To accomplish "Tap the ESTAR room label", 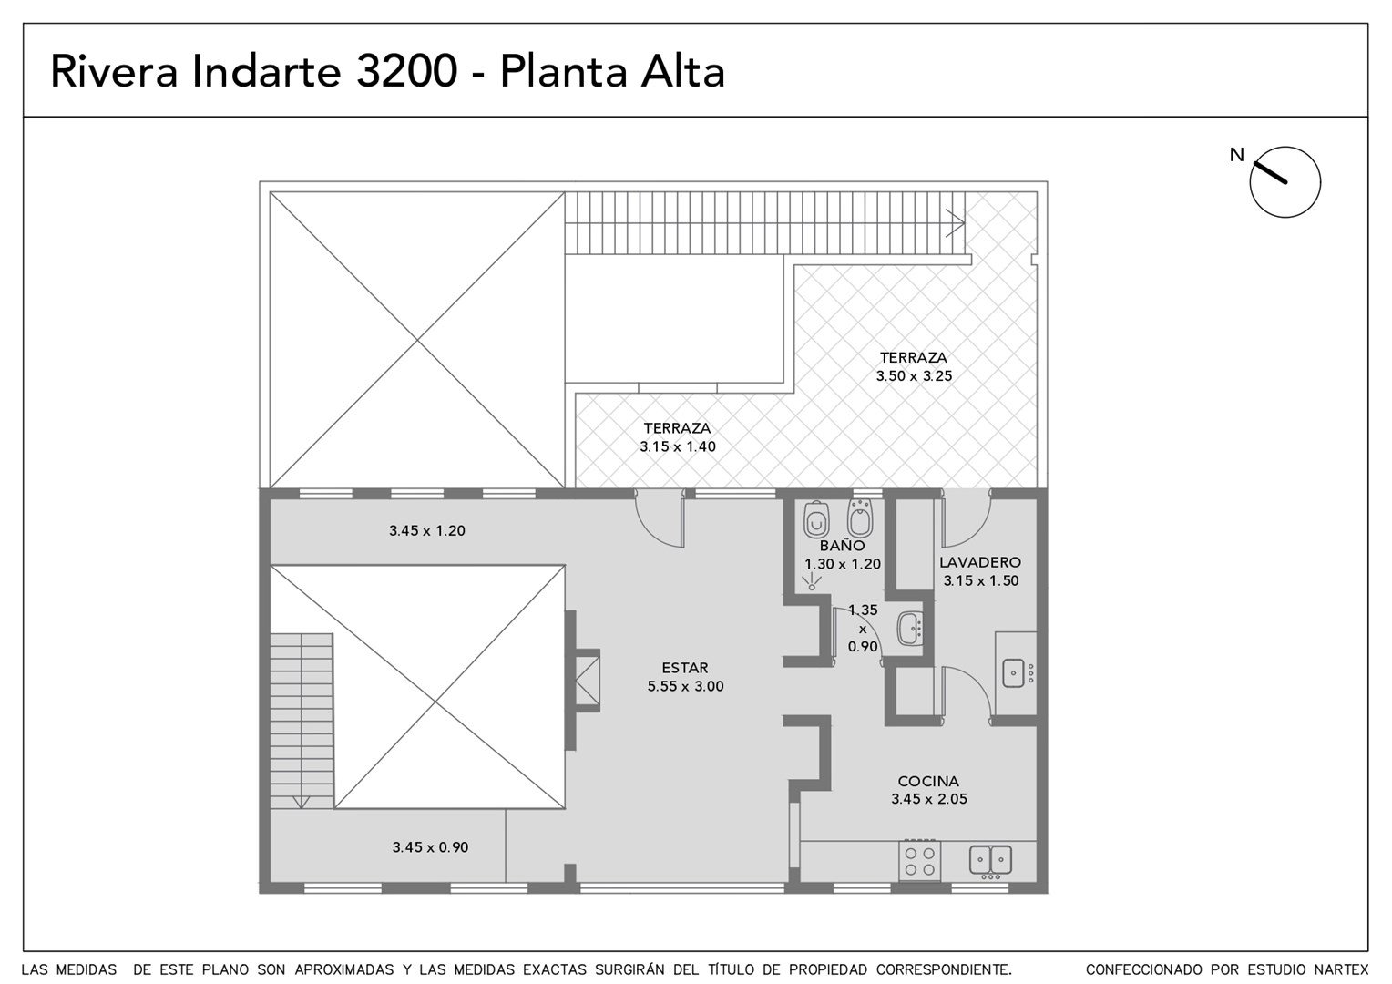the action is [685, 668].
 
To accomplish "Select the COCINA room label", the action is [928, 781].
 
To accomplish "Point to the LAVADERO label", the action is [980, 562].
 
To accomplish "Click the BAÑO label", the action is [842, 545].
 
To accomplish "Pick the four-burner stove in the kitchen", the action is [919, 861].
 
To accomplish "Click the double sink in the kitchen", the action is [990, 860].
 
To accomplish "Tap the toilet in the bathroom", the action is [816, 519].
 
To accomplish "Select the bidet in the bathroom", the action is [860, 518].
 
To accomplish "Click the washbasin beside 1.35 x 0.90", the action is [910, 629].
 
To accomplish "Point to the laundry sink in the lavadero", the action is [1014, 673].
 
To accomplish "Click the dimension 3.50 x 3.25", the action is [914, 376].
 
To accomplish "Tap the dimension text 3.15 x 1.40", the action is [678, 446].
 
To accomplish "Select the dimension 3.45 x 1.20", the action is [427, 531].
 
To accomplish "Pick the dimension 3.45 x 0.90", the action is [430, 847].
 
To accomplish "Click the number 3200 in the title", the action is [407, 71].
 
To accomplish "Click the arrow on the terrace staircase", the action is [955, 222].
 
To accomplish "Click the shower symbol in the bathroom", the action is [812, 582].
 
